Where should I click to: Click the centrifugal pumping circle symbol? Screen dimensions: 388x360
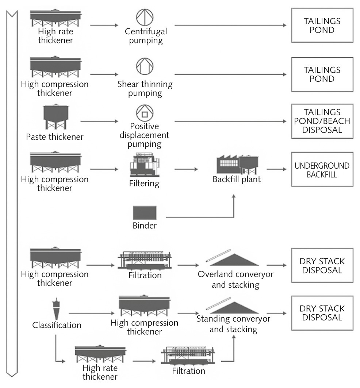point(145,17)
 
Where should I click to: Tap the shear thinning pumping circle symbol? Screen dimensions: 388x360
point(145,66)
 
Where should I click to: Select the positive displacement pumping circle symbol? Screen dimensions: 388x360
point(145,114)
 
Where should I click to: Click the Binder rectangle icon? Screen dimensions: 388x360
point(144,212)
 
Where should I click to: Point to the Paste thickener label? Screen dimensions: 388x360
point(54,138)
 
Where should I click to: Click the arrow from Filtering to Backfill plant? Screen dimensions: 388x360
point(186,169)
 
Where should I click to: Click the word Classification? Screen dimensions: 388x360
point(57,324)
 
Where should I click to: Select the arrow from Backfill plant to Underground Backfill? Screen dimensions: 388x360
point(276,169)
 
